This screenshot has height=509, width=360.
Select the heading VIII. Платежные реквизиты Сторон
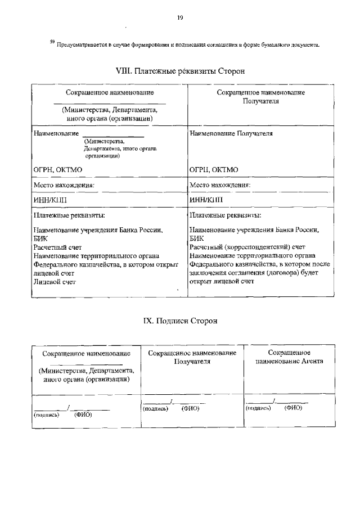[179, 72]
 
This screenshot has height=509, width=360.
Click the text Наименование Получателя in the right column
[231, 134]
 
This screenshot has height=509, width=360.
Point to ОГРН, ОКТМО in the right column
[214, 169]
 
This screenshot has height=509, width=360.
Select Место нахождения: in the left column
[64, 184]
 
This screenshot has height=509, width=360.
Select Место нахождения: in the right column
[220, 184]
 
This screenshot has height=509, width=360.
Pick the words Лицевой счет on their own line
[54, 281]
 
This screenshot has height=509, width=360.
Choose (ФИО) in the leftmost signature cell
[83, 415]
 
